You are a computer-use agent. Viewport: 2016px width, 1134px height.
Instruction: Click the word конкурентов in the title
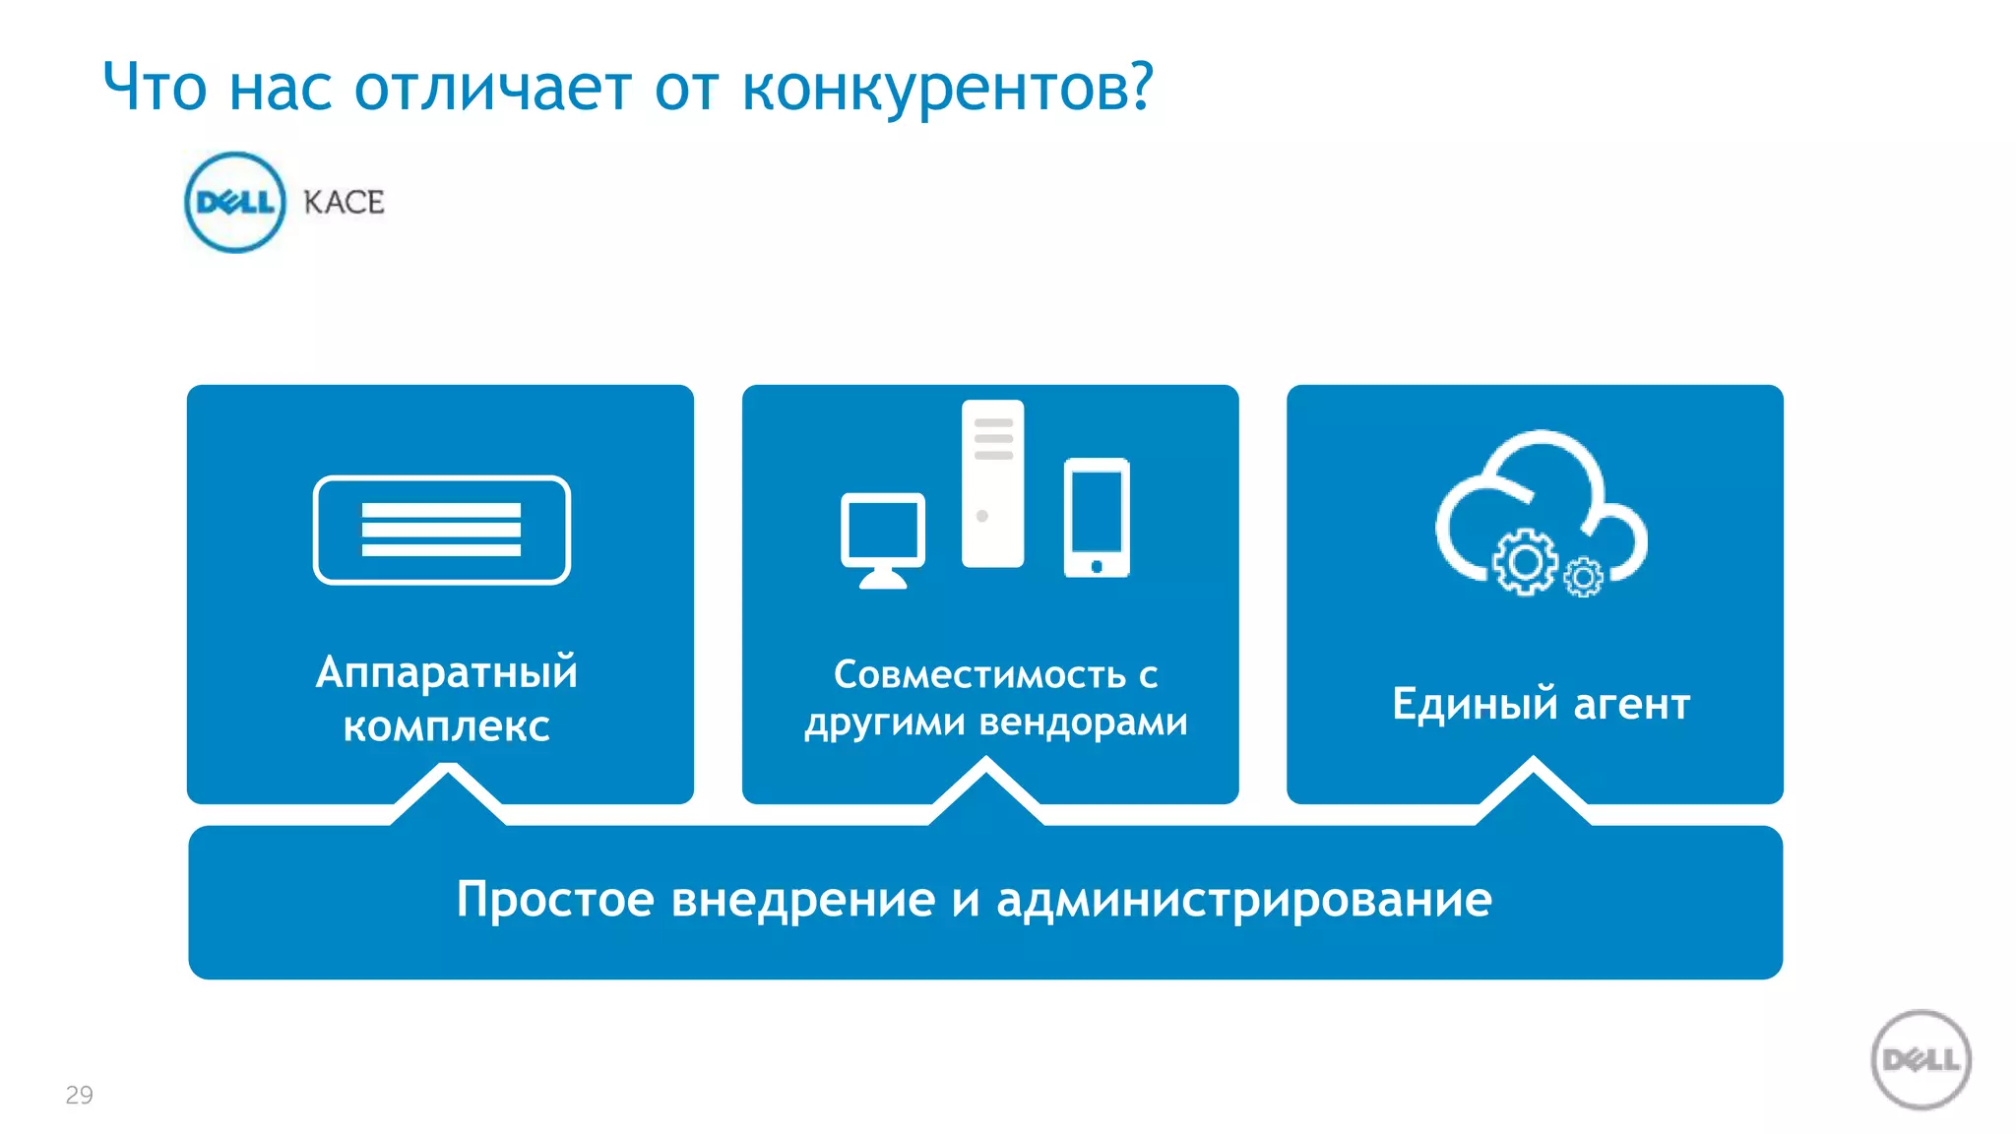tap(946, 89)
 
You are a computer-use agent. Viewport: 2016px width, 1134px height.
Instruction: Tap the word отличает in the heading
tap(492, 89)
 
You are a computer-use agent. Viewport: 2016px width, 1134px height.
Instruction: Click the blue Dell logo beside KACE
tap(234, 203)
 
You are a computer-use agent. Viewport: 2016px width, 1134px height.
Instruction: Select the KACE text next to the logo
tap(344, 203)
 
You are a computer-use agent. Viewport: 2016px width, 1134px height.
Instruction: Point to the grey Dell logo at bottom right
tap(1921, 1060)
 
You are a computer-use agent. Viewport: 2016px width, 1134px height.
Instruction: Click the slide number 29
tap(79, 1095)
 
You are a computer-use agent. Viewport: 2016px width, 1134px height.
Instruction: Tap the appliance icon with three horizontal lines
tap(442, 530)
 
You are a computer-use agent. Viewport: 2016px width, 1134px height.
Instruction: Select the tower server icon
tap(992, 483)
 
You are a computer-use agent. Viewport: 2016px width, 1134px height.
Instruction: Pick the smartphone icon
tap(1097, 517)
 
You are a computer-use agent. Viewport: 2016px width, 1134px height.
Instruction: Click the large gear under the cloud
tap(1525, 562)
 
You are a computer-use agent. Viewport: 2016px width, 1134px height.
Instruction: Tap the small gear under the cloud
tap(1583, 577)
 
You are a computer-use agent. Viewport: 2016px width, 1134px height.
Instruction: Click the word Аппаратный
tap(446, 673)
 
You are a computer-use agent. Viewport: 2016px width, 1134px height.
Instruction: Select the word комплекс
tap(446, 726)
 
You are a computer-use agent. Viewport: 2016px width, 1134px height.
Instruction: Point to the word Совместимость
tap(979, 675)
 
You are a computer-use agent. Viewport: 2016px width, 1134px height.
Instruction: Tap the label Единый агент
tap(1541, 705)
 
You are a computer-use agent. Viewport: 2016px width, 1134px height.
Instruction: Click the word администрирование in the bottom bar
tap(1244, 900)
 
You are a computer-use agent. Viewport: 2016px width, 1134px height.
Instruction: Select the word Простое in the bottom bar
tap(555, 900)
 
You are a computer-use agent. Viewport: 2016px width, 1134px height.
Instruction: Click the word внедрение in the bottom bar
tap(803, 900)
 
